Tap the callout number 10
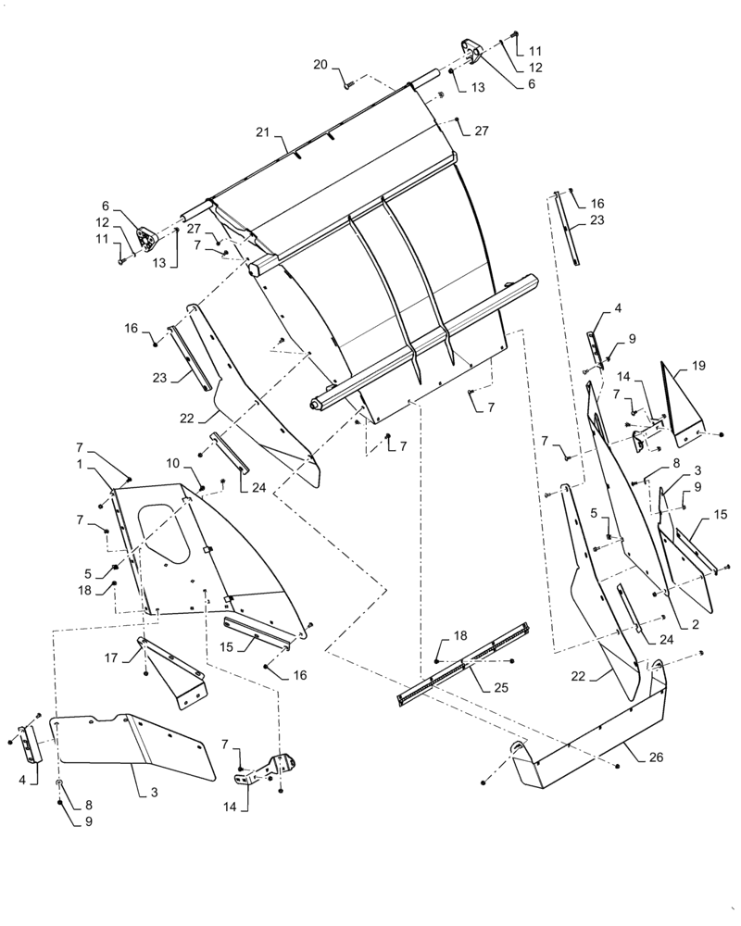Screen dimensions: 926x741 [x=172, y=462]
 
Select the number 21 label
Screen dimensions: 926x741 [x=262, y=133]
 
